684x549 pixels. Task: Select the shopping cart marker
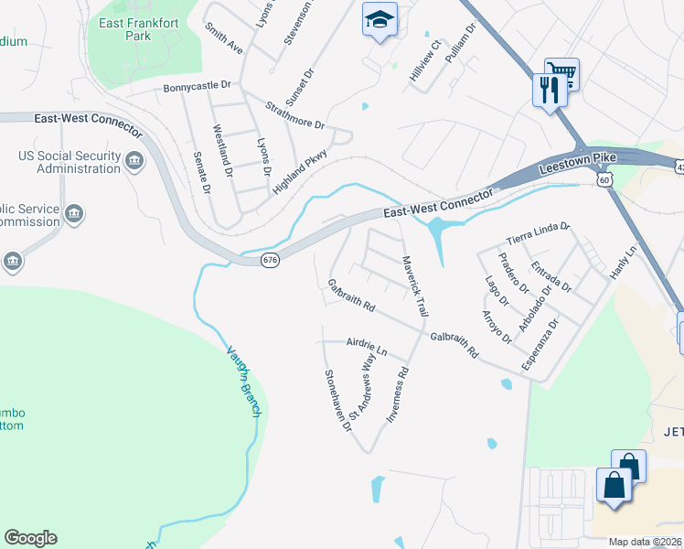point(561,72)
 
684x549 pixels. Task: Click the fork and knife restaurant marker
point(549,89)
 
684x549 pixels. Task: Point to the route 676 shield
point(270,261)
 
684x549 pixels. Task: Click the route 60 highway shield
point(604,181)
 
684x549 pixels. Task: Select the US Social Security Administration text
point(69,162)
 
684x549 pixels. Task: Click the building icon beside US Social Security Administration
point(134,162)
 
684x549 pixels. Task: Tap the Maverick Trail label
point(415,286)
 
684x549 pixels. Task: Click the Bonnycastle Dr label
point(198,88)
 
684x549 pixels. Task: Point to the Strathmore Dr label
point(295,116)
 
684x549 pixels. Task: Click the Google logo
point(30,538)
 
